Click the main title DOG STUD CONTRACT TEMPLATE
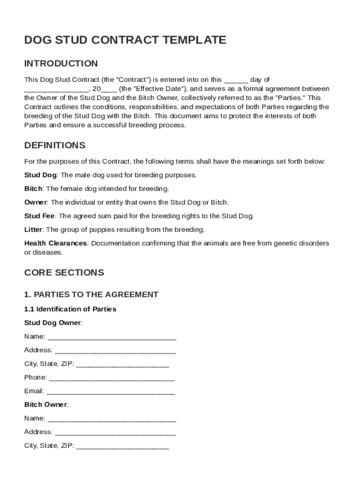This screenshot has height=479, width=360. tap(125, 40)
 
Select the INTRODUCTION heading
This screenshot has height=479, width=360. tap(61, 64)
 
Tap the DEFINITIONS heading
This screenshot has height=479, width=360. tap(55, 145)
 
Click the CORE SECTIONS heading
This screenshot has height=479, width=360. tap(64, 272)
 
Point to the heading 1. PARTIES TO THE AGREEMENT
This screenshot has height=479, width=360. tap(91, 295)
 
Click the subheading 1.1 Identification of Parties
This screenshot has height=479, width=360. tap(70, 309)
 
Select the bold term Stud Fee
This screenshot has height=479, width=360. tap(40, 216)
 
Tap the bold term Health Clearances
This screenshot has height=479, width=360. tap(55, 243)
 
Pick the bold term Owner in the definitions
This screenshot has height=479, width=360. tap(36, 203)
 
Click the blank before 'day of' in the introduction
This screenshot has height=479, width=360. tap(236, 80)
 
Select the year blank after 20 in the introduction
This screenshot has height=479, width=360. tap(109, 89)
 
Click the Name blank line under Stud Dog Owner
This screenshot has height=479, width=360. tap(112, 337)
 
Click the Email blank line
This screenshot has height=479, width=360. tap(111, 391)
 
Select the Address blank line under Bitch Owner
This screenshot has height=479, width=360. tap(115, 432)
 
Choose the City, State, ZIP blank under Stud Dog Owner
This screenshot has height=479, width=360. tap(122, 364)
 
